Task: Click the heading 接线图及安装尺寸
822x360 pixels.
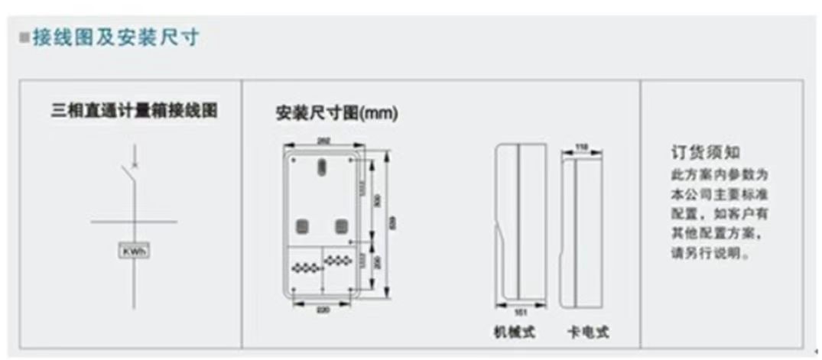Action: [115, 37]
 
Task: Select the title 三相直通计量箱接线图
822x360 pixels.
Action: [134, 111]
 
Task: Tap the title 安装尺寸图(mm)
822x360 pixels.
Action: [336, 114]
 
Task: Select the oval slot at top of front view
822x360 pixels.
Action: [323, 165]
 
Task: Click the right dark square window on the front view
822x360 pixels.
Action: [340, 226]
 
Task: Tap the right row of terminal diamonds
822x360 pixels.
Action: [336, 261]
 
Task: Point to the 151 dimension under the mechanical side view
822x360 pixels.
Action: [520, 311]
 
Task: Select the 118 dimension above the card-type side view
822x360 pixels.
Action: [581, 147]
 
